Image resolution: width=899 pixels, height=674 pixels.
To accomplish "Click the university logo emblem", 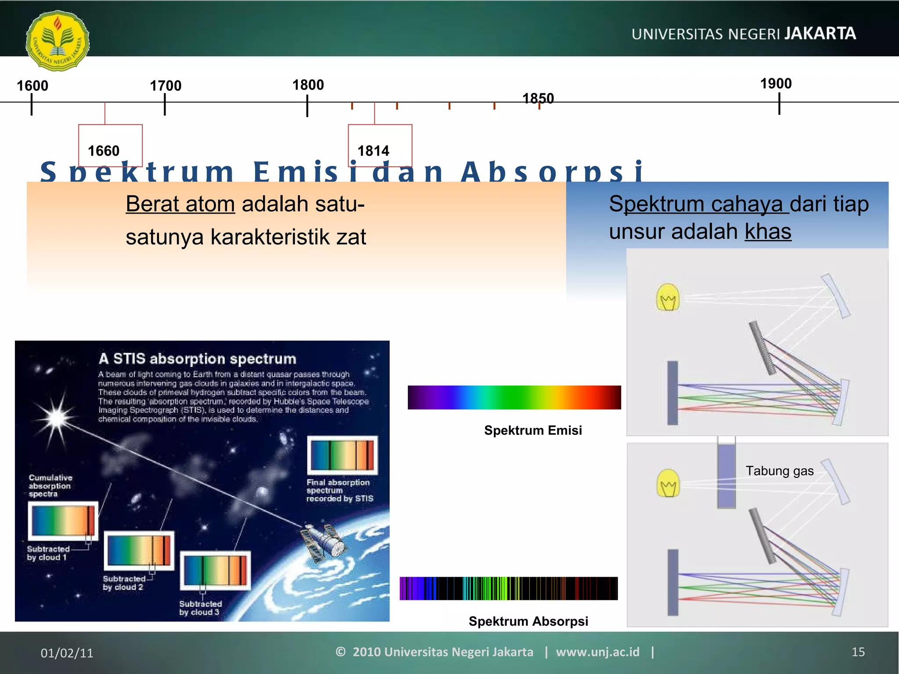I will pos(58,41).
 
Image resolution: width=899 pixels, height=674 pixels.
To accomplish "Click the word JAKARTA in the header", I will pos(820,34).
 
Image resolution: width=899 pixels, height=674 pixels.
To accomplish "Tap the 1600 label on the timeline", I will pos(32,86).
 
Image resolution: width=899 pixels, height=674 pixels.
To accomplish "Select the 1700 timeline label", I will pos(165,86).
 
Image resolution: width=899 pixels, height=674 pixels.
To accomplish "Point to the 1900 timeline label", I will pos(776,83).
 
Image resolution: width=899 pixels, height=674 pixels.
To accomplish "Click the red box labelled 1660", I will pos(110,145).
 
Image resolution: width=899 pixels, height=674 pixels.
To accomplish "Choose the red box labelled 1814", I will pos(380,145).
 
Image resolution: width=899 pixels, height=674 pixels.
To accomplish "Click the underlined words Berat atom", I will pos(180,204).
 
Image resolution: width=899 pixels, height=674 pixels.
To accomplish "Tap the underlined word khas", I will pos(768,232).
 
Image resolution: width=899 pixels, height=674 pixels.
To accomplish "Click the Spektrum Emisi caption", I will pos(532,430).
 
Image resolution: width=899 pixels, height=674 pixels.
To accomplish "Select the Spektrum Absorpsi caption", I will pos(528,621).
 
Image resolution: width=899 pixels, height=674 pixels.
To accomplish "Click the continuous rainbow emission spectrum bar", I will pos(514,398).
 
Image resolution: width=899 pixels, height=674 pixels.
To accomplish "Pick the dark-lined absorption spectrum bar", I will pos(508,588).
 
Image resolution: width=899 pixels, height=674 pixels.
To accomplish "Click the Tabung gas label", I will pos(779,471).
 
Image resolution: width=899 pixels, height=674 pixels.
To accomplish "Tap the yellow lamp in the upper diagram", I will pos(668,298).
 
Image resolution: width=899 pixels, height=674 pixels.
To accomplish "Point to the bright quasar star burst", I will pos(57,417).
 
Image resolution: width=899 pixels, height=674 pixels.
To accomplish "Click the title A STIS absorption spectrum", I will pos(197,359).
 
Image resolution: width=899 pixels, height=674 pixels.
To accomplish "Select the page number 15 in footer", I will pos(858,652).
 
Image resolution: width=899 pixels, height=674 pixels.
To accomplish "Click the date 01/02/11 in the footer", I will pos(67,653).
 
